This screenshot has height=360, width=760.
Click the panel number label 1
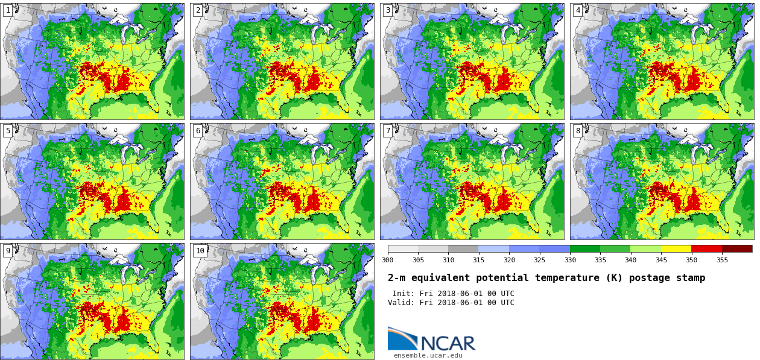point(8,10)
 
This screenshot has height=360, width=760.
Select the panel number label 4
point(578,10)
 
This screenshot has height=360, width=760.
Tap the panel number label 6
point(198,131)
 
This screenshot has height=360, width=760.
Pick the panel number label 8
point(578,131)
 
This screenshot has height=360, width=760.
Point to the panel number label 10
point(200,251)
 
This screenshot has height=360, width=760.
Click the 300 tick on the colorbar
point(387,261)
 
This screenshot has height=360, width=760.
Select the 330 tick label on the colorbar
point(570,261)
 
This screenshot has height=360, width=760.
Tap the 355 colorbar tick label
point(722,261)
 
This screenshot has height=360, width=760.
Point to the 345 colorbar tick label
point(661,261)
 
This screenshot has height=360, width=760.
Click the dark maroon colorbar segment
point(737,248)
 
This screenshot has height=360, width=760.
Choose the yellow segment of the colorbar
point(676,248)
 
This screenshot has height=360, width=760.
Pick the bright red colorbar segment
point(706,248)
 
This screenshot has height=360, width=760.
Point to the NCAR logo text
point(448,343)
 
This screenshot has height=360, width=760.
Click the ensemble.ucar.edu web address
point(428,356)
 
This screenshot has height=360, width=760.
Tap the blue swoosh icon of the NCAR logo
point(402,338)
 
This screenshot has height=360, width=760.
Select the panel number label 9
point(8,251)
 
